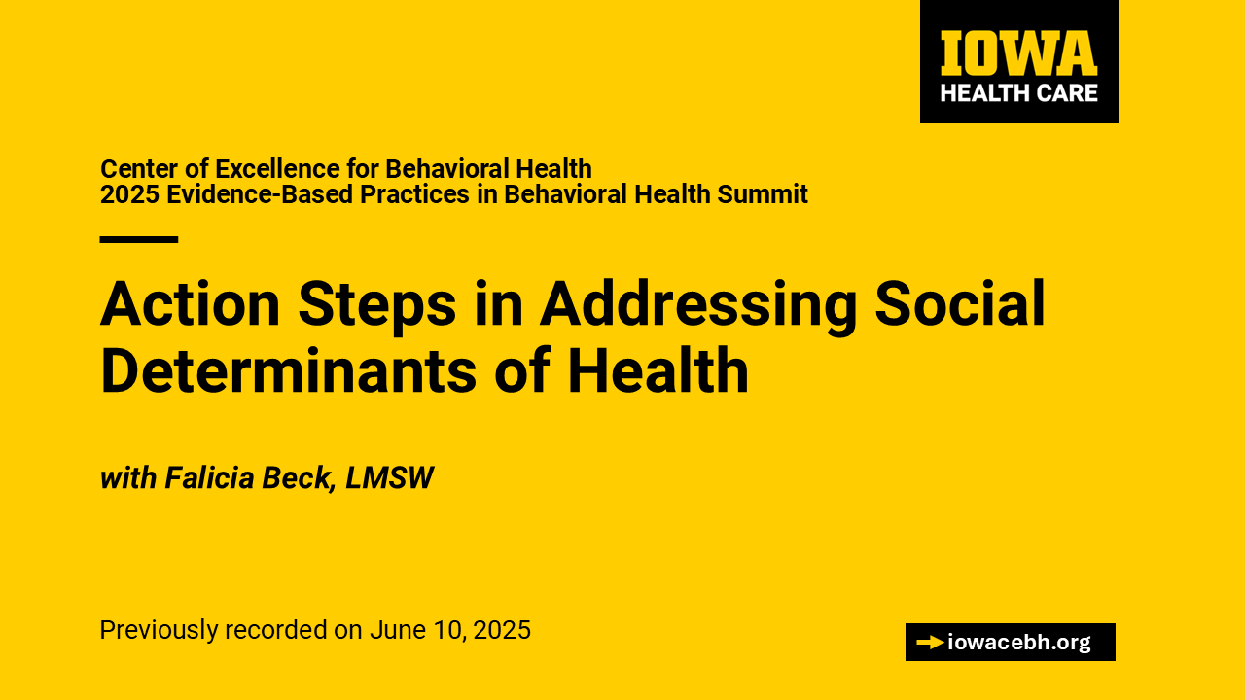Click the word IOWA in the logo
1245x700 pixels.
point(1018,53)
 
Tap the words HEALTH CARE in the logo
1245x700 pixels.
point(1018,92)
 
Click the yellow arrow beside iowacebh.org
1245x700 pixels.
point(931,643)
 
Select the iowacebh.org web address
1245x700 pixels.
point(1019,643)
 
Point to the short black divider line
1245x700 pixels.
point(139,239)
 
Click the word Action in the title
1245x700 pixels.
point(190,304)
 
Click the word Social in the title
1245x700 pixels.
point(960,303)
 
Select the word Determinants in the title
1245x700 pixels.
point(289,370)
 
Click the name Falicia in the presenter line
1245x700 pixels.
point(209,477)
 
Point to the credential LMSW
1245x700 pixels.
point(389,477)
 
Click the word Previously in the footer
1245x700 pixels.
point(159,631)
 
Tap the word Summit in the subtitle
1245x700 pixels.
point(762,194)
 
